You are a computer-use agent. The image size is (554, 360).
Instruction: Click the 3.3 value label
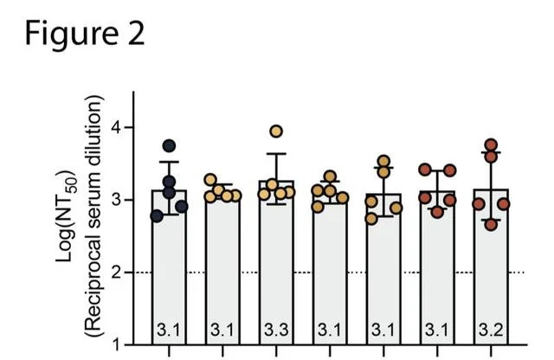[x=276, y=330]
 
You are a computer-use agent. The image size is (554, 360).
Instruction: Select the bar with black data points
[x=169, y=260]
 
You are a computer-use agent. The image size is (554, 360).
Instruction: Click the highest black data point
[x=170, y=146]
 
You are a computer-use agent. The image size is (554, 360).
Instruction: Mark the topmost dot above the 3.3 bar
[x=276, y=132]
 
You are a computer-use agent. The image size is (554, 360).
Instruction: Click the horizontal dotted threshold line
[x=346, y=273]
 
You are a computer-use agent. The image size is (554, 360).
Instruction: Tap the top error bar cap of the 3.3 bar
[x=276, y=154]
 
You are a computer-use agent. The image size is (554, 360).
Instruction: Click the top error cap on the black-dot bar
[x=169, y=162]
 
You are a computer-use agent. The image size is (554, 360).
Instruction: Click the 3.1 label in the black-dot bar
[x=169, y=330]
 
